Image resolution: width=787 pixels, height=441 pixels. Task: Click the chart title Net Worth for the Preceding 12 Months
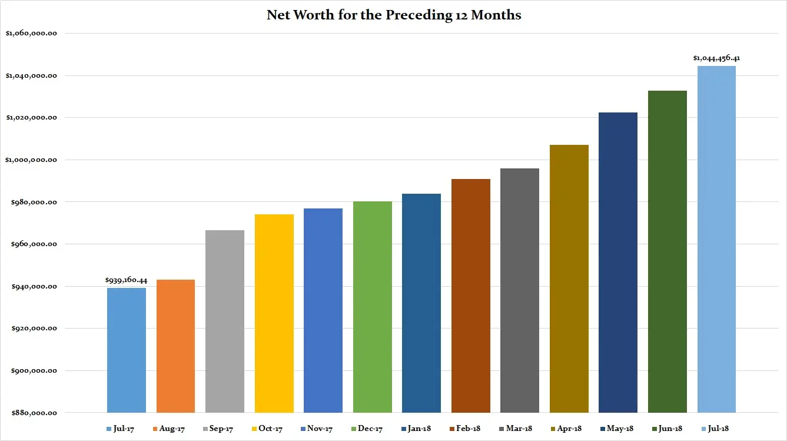pos(394,15)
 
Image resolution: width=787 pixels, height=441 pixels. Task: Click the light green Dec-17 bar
pos(372,307)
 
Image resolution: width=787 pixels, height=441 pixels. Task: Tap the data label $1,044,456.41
pos(716,58)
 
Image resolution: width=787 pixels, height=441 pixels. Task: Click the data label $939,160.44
pos(126,281)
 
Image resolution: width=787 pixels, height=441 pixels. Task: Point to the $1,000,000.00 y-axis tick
pos(31,160)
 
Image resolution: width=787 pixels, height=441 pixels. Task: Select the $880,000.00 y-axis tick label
pos(31,413)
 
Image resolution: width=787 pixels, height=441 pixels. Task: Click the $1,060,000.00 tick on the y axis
pos(31,34)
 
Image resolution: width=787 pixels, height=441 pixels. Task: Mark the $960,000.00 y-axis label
pos(31,244)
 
